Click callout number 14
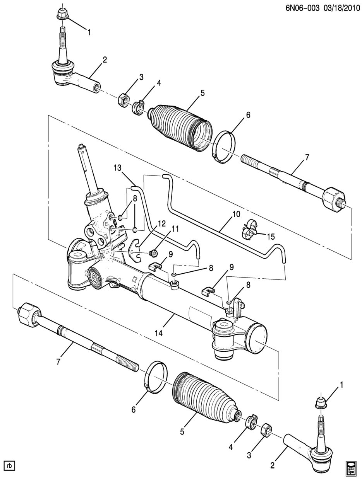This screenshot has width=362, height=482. (158, 333)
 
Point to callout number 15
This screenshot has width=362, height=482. (271, 237)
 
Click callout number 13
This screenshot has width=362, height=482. (117, 168)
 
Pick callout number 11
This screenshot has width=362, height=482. (175, 229)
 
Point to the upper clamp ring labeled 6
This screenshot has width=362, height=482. (224, 146)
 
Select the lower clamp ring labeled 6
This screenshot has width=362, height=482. (156, 377)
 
